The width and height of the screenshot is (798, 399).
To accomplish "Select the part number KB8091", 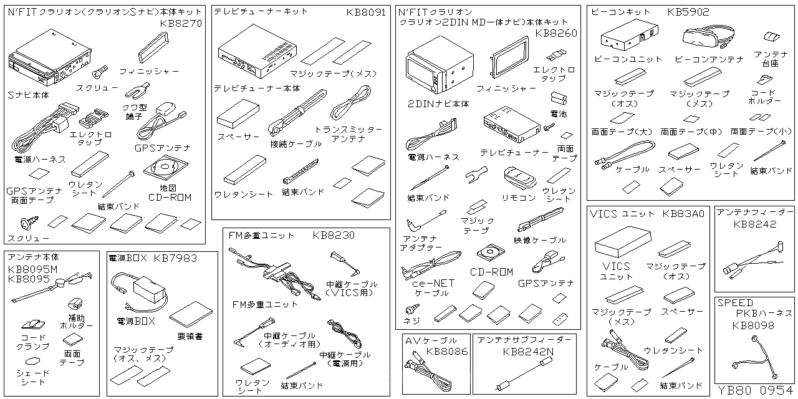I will coord(366,12).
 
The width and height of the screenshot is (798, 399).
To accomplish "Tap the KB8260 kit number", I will coord(556,33).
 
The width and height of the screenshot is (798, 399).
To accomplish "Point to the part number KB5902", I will coord(688,12).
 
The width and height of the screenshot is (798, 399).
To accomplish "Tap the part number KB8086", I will coord(446,352).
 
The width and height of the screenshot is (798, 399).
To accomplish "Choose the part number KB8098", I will coord(753,325).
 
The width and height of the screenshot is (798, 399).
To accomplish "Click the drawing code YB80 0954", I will coord(755,391).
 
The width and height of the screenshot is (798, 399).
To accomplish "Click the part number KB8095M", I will coord(32,269).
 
